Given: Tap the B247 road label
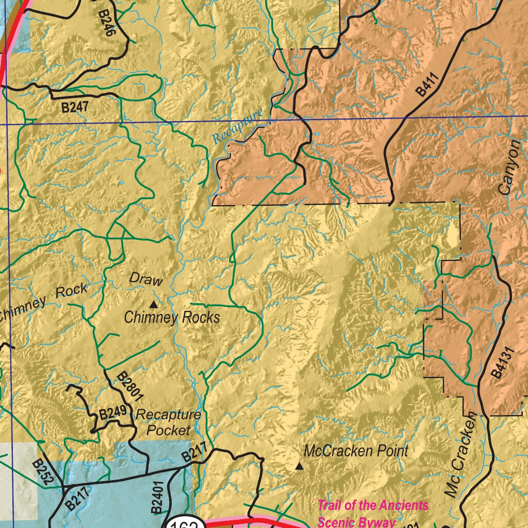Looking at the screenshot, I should click(x=75, y=107).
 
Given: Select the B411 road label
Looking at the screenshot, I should click(x=427, y=85).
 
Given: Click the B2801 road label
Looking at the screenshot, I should click(x=129, y=387).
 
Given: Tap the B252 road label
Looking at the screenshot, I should click(x=42, y=473).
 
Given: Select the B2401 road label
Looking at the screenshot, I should click(x=158, y=498).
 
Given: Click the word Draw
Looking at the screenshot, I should click(x=146, y=279).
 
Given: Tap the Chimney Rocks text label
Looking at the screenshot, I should click(x=172, y=317).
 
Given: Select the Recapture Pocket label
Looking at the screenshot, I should click(x=168, y=422).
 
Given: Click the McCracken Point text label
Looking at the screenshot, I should click(x=356, y=451).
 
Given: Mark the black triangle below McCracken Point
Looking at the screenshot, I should click(x=299, y=467).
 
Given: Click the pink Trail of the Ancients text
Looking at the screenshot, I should click(x=372, y=505).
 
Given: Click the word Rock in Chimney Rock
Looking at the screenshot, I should click(x=72, y=292).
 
